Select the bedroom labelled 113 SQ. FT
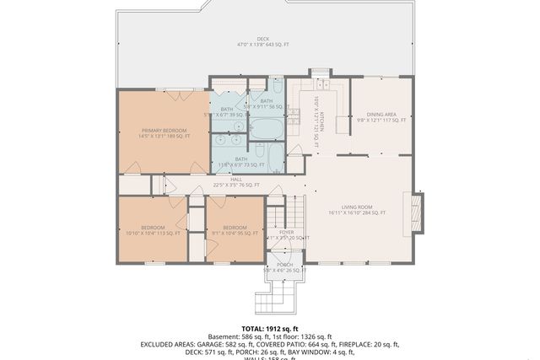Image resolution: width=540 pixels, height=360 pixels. (x=153, y=230)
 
